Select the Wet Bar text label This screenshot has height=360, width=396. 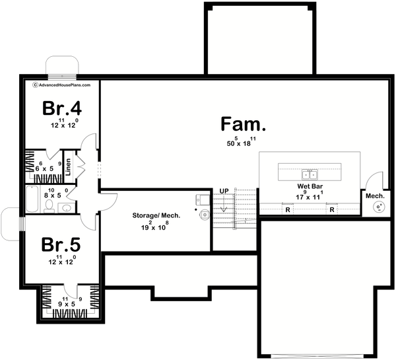(309, 187)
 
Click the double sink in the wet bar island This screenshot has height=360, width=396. (310, 174)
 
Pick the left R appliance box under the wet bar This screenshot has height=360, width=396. (288, 210)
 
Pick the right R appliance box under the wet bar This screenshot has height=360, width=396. (332, 210)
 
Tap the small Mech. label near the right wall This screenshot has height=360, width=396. (375, 196)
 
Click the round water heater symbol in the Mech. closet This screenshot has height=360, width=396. (379, 207)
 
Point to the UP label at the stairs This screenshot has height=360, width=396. (224, 192)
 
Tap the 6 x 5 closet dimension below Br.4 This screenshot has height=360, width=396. (45, 168)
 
